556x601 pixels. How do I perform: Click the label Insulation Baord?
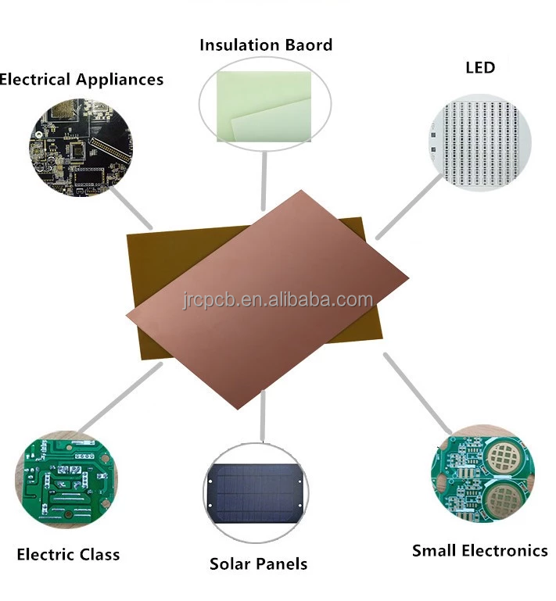coord(266,45)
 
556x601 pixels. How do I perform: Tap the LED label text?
coord(479,68)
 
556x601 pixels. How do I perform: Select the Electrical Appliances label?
coord(81,80)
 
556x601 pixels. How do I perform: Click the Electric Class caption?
coord(68,555)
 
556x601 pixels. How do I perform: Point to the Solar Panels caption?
coord(258,563)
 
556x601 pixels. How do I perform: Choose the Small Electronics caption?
coord(479,551)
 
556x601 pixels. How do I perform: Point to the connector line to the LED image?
coord(409,205)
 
